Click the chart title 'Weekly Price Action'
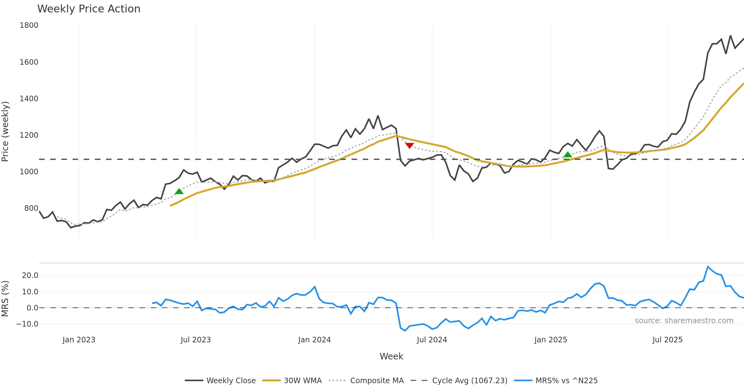point(89,9)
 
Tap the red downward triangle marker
point(410,145)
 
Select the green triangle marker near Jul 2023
point(179,192)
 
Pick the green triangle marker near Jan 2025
point(568,155)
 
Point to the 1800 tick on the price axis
point(29,25)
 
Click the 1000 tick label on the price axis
point(29,172)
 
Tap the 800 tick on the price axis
point(31,208)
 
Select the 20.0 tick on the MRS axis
point(30,275)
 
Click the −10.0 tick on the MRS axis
point(27,324)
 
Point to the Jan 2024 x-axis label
point(314,340)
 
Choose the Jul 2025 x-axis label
point(667,340)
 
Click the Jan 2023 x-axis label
point(79,340)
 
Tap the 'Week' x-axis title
point(391,357)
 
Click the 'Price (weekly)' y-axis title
point(5,132)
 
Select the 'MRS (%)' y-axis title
point(5,299)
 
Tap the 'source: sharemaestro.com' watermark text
point(684,321)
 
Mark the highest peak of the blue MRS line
point(708,266)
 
